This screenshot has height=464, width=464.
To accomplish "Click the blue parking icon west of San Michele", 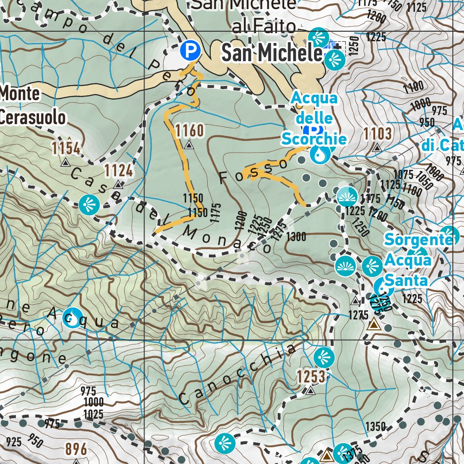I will pyautogui.click(x=190, y=50).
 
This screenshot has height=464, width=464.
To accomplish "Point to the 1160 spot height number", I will pyautogui.click(x=189, y=131).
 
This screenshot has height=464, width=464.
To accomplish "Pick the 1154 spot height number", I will pyautogui.click(x=66, y=148).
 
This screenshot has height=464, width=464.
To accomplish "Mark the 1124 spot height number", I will pyautogui.click(x=119, y=171).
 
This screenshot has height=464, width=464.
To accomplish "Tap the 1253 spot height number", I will pyautogui.click(x=311, y=376).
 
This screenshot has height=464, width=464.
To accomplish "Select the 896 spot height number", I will pyautogui.click(x=76, y=449).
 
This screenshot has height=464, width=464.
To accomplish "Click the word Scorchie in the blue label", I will pyautogui.click(x=314, y=139).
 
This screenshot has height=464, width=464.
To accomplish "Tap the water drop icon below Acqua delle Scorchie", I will pyautogui.click(x=320, y=155).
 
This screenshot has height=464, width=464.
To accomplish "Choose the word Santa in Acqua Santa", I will pyautogui.click(x=407, y=281).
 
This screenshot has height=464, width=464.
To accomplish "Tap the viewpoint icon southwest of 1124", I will pyautogui.click(x=89, y=205).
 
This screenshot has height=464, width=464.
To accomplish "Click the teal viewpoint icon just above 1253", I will pyautogui.click(x=324, y=358).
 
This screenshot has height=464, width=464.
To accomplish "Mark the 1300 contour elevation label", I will pyautogui.click(x=296, y=237).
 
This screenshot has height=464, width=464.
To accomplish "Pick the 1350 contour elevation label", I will pyautogui.click(x=376, y=426).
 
